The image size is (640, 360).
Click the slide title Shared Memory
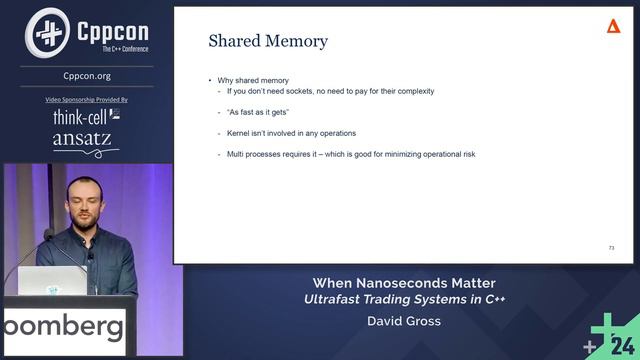(x=267, y=42)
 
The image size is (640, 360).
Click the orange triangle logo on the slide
(x=613, y=26)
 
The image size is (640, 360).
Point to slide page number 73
(x=611, y=247)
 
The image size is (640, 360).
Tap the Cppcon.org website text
(x=87, y=74)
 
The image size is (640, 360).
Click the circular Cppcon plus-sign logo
(x=45, y=32)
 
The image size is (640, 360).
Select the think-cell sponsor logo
(x=86, y=118)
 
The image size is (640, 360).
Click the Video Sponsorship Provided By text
(x=87, y=100)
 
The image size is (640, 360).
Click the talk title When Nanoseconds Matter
(x=404, y=283)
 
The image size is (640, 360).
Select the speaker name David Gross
(x=404, y=323)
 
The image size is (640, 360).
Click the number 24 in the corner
(x=623, y=345)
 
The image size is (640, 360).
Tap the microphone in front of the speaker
(x=47, y=237)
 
